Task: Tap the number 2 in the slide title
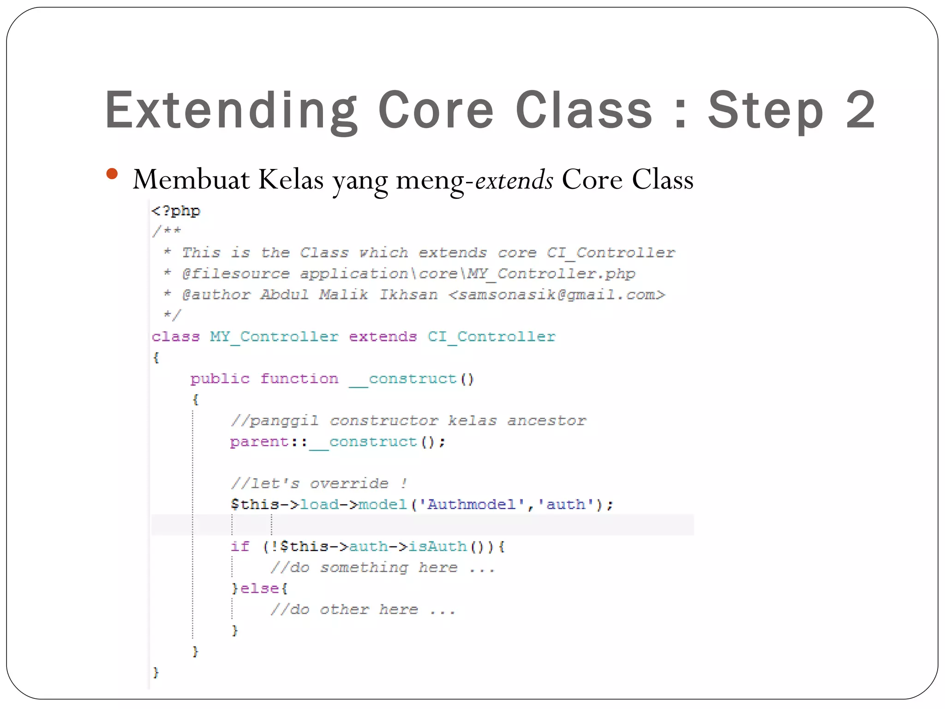coord(860,111)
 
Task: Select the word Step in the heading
coord(766,111)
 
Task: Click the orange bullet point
coord(112,174)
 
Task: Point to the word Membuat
coord(191,180)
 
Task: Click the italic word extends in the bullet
coord(514,180)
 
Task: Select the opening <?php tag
coord(176,211)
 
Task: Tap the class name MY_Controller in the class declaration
coord(274,336)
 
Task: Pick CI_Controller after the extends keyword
coord(491,336)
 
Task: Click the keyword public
coord(220,379)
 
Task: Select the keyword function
coord(299,379)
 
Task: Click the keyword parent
coord(259,442)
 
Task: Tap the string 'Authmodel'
coord(471,505)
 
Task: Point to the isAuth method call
coord(437,547)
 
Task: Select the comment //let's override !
coord(319,484)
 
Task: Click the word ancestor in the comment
coord(547,421)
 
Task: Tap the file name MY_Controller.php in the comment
coord(551,274)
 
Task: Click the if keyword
coord(240,547)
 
